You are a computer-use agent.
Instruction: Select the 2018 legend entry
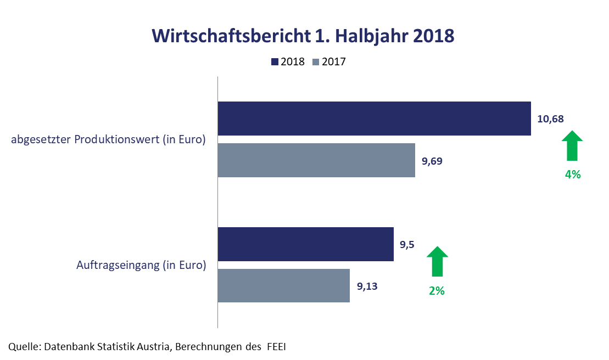point(288,61)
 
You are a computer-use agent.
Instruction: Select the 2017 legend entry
point(329,61)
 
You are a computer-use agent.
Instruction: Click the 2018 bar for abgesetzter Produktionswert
point(374,119)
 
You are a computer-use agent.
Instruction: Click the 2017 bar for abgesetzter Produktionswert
point(316,161)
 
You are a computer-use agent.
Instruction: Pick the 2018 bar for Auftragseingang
point(305,244)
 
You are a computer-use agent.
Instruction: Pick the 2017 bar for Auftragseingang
point(284,286)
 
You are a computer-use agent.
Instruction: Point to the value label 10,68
point(550,119)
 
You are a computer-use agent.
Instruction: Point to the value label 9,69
point(432,161)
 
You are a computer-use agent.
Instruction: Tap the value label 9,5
point(407,245)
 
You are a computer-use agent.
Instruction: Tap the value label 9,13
point(367,286)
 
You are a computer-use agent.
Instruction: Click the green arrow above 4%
point(572,145)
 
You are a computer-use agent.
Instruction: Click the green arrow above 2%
point(437,261)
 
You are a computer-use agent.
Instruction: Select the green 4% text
point(573,175)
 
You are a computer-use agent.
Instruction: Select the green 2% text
point(437,291)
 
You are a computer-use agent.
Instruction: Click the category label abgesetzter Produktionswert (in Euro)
point(108,140)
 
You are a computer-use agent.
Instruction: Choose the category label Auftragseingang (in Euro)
point(141,266)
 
